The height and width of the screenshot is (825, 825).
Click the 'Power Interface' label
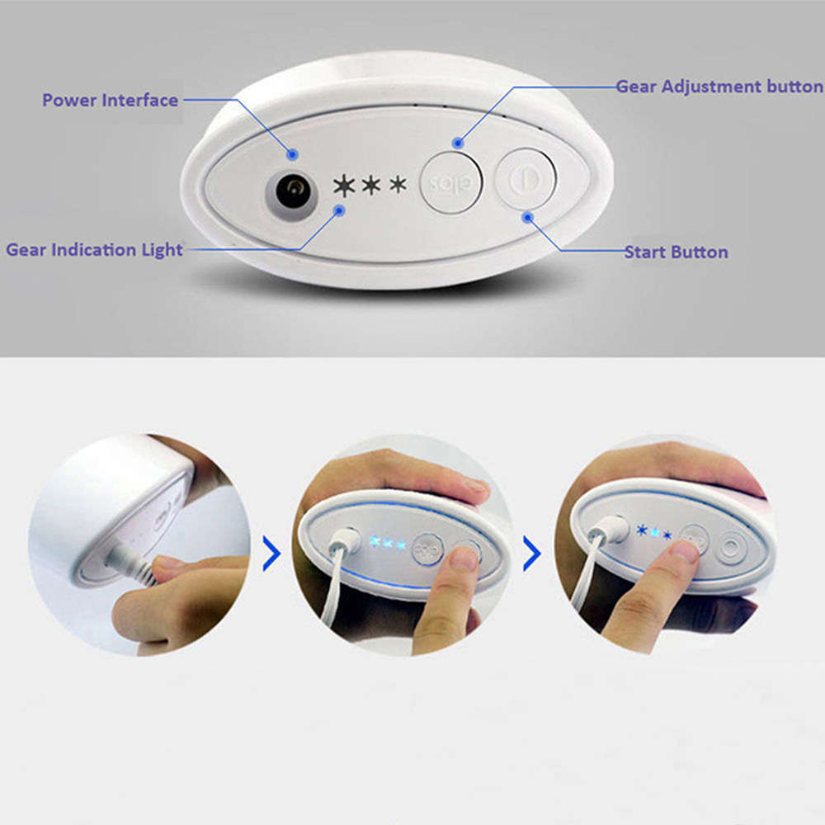[110, 101]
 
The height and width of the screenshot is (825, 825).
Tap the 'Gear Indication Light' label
[94, 249]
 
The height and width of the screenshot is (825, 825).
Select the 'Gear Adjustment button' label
[719, 87]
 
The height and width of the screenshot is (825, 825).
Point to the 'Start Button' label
[676, 252]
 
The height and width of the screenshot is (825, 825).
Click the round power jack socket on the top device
[290, 194]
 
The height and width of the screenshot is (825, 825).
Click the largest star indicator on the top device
[343, 186]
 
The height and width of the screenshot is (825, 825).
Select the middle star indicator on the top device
[371, 185]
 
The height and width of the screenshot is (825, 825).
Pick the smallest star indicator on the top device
[398, 184]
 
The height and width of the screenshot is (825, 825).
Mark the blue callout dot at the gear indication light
[338, 210]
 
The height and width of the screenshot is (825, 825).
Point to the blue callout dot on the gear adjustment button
[459, 144]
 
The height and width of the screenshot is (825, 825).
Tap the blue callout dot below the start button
[528, 217]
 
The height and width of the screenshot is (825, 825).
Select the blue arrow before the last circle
[532, 556]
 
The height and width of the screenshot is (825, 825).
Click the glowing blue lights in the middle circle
[387, 544]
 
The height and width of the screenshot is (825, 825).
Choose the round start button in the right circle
[731, 547]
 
